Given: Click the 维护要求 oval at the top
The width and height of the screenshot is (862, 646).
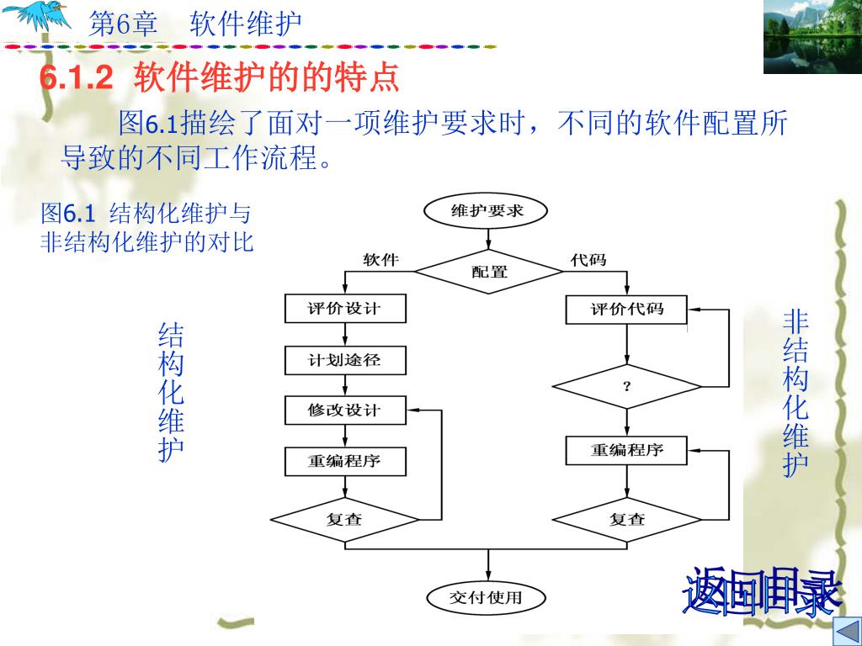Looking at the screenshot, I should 487,210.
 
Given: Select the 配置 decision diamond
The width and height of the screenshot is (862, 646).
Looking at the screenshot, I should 489,271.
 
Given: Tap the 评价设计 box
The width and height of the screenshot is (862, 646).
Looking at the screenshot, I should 345,309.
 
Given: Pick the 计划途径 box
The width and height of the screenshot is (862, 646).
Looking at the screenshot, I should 345,360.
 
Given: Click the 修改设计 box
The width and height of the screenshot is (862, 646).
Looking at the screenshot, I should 345,410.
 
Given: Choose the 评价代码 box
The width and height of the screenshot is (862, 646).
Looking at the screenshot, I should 626,310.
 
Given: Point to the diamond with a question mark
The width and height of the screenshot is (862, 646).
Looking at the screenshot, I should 626,386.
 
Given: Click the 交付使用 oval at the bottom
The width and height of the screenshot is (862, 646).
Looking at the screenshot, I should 487,598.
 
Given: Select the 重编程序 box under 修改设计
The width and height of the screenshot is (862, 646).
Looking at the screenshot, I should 345,461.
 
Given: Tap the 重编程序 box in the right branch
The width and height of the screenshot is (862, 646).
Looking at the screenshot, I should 626,450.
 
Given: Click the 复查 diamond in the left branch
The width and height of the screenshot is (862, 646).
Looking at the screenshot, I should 345,519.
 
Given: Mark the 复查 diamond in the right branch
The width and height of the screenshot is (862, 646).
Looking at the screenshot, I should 626,519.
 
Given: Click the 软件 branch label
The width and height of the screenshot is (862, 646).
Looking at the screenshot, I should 380,260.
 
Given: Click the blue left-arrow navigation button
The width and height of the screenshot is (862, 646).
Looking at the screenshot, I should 844,632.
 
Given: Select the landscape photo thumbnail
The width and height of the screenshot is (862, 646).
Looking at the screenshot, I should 811,37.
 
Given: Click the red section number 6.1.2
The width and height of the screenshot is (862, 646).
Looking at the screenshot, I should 76,79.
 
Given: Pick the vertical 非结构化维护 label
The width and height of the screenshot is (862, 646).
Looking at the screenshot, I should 795,393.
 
